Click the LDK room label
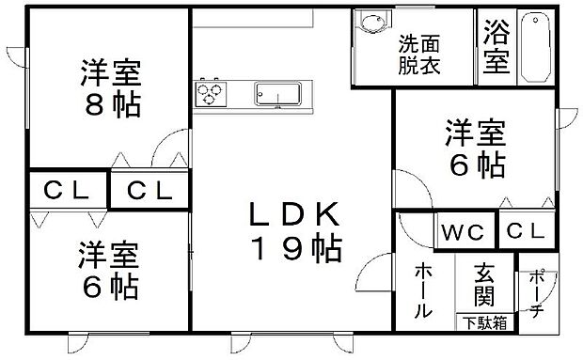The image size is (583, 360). click(293, 214)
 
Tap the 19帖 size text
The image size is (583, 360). click(296, 248)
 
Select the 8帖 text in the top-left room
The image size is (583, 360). click(113, 104)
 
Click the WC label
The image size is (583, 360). click(463, 232)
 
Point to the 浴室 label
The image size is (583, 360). click(496, 45)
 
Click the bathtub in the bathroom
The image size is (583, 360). click(535, 46)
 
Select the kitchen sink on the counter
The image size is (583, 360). click(277, 94)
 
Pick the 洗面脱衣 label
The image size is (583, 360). click(419, 55)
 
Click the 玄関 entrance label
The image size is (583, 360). click(484, 285)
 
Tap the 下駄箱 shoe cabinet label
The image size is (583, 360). click(485, 322)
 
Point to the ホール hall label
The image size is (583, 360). click(423, 290)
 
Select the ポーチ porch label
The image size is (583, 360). click(536, 293)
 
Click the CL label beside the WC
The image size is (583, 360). click(526, 231)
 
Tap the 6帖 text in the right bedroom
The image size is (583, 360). click(478, 164)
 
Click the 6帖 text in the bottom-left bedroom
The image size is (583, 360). click(110, 286)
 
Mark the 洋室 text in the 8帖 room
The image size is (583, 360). click(112, 72)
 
